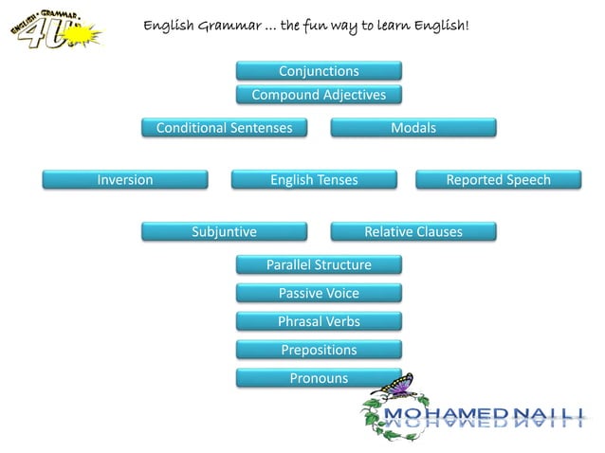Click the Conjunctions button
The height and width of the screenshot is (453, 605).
click(x=319, y=71)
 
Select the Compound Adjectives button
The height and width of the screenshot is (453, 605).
click(x=319, y=95)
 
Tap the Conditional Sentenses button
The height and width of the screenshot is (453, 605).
click(x=224, y=128)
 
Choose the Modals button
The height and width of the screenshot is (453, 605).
click(x=413, y=128)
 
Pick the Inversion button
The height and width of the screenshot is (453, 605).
click(x=124, y=180)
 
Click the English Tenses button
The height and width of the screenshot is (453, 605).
click(x=314, y=180)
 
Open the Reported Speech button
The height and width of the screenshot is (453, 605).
click(x=498, y=180)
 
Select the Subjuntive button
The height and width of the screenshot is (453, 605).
click(x=224, y=232)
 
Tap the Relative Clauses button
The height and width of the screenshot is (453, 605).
click(x=413, y=232)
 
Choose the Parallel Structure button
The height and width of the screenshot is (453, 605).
click(x=319, y=265)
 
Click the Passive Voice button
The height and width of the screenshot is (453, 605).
click(x=319, y=294)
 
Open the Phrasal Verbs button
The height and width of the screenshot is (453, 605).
click(x=319, y=322)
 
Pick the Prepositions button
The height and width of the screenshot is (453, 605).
click(x=319, y=351)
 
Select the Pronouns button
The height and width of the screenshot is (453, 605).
click(x=319, y=379)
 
